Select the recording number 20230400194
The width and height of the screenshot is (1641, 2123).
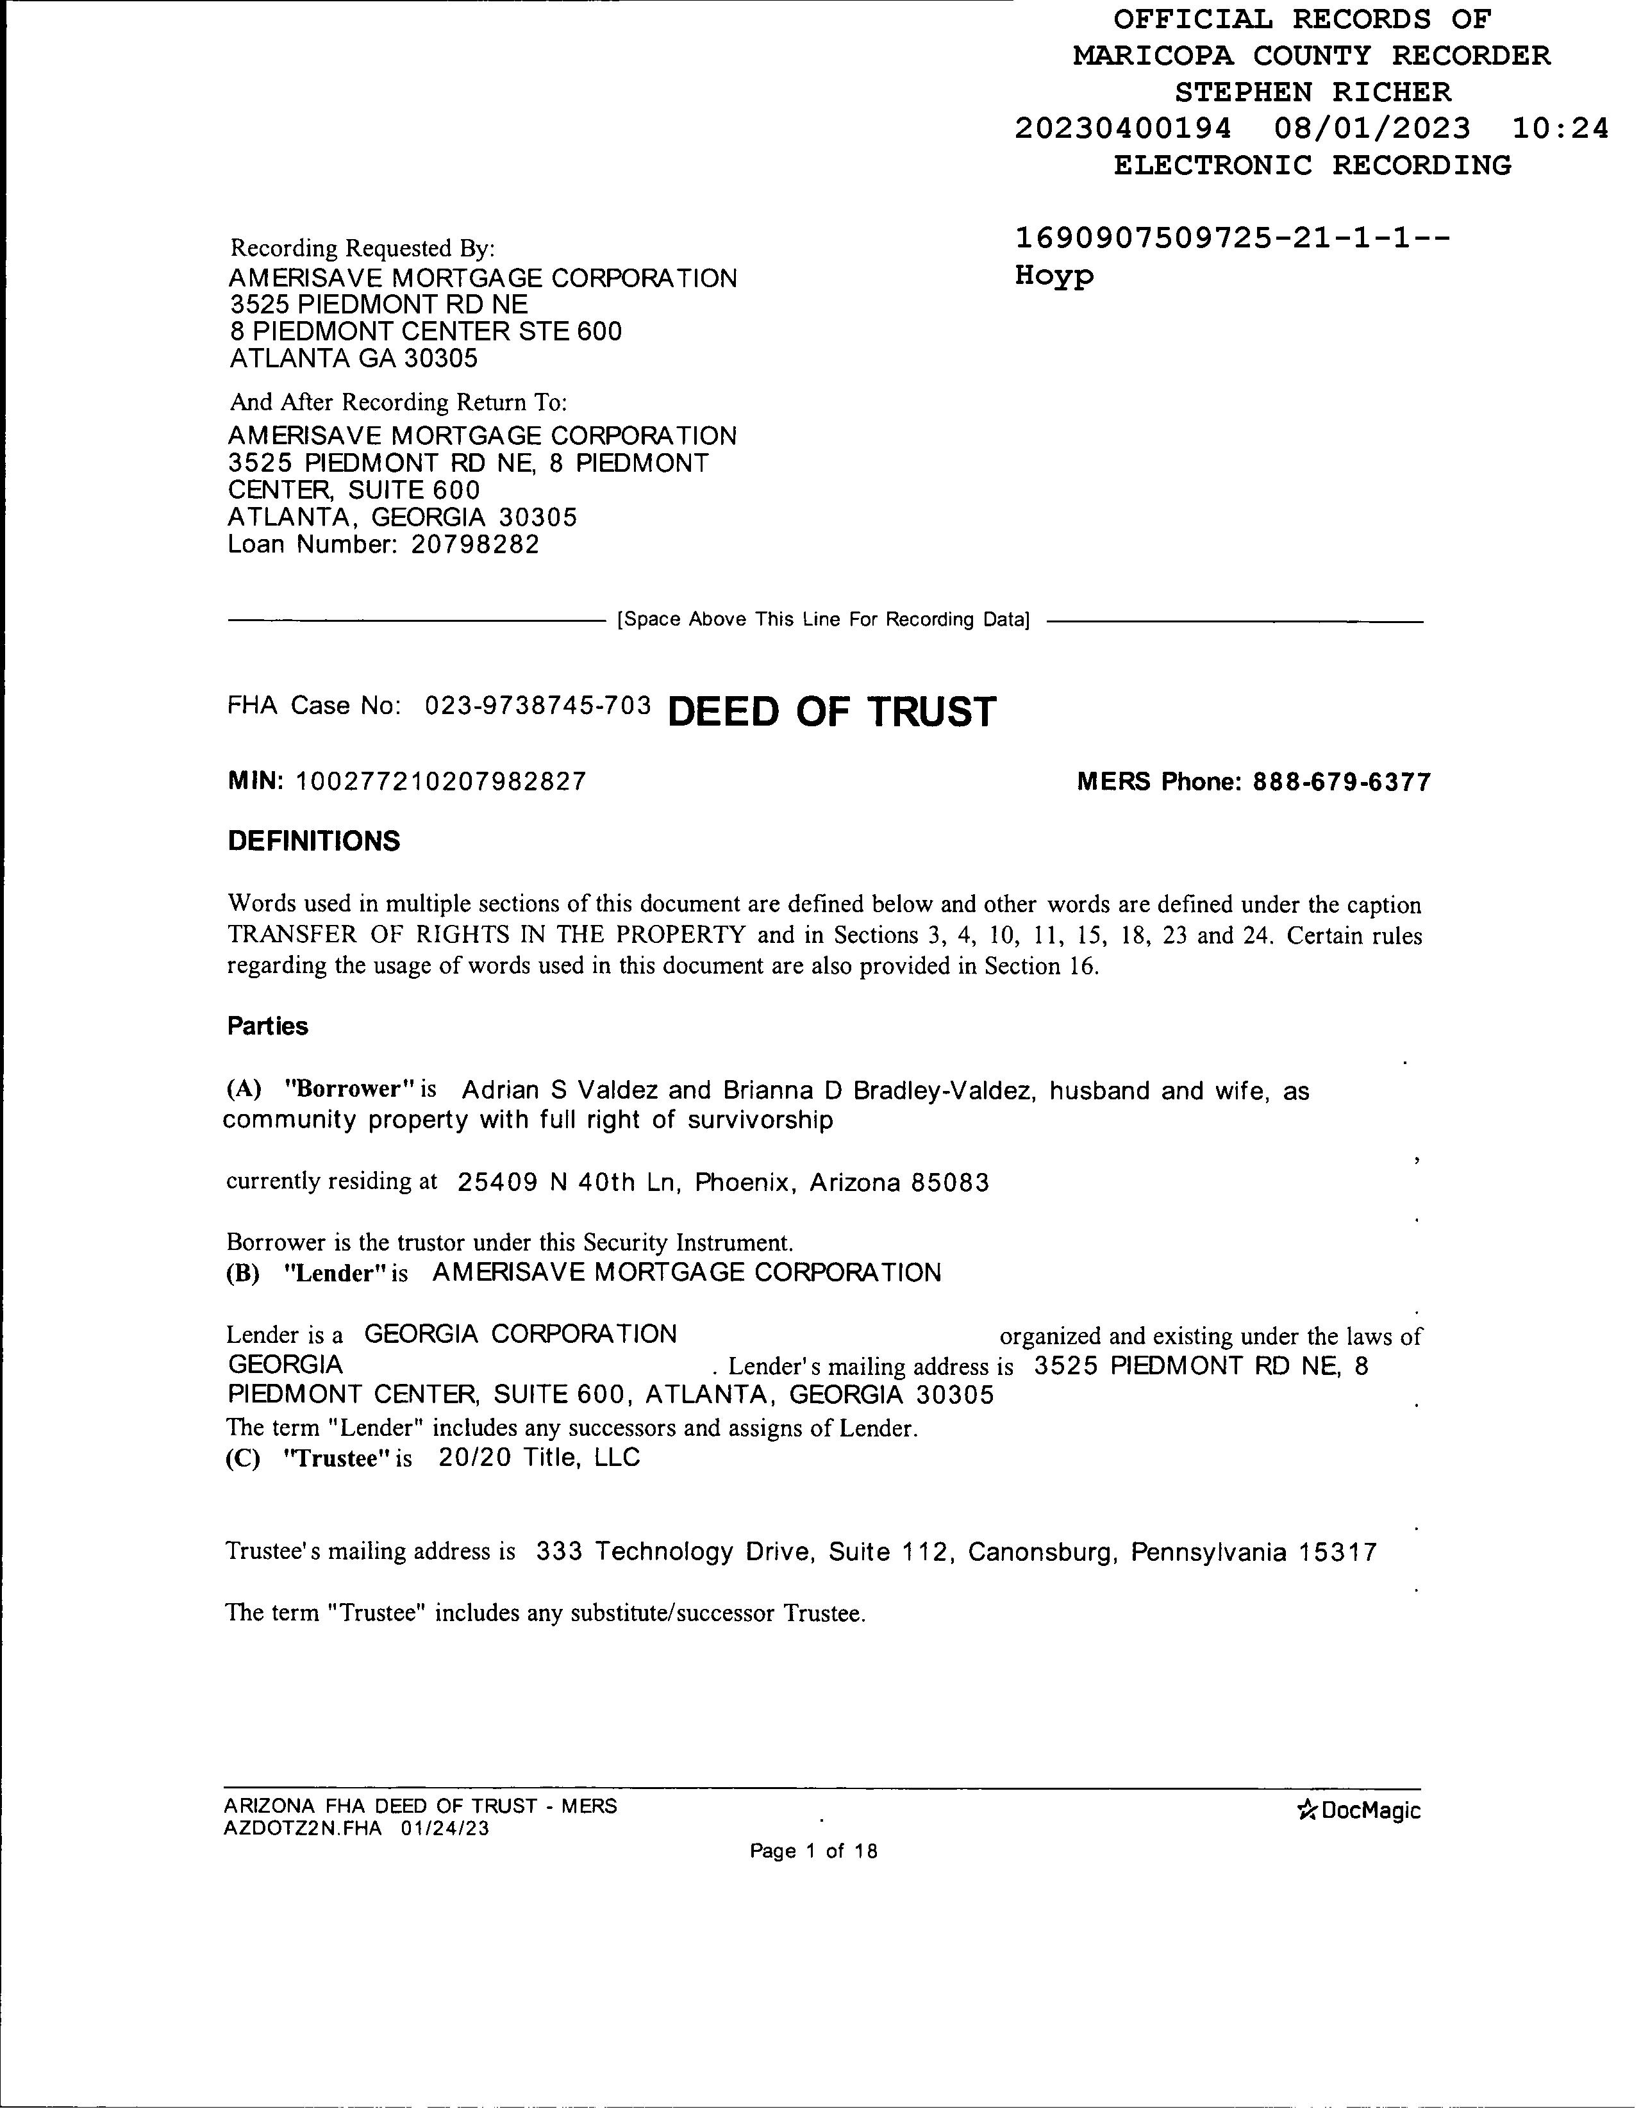[x=1123, y=128]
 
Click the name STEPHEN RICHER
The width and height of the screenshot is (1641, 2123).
[x=1312, y=92]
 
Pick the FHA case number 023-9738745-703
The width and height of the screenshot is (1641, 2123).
[x=538, y=706]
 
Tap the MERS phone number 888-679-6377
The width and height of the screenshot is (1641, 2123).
[x=1342, y=783]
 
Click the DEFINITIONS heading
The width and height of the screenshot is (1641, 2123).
[x=313, y=841]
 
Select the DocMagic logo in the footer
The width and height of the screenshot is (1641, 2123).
[x=1358, y=1810]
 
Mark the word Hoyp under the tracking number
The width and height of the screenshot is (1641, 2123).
[x=1054, y=276]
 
